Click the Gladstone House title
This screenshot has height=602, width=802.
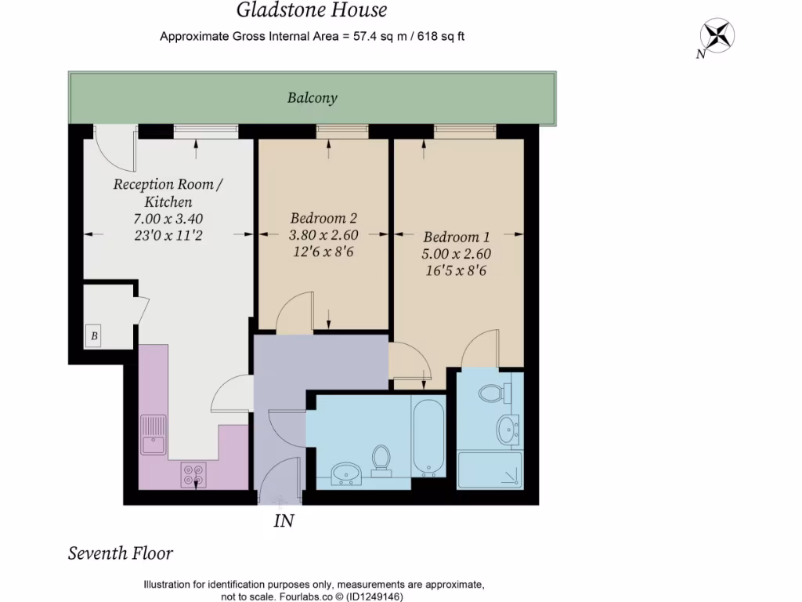coord(312,11)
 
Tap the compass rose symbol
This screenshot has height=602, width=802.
coord(717,35)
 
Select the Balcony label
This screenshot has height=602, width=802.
coord(312,98)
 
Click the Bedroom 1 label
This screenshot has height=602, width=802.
coord(457,237)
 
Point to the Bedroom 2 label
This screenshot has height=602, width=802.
coord(323,218)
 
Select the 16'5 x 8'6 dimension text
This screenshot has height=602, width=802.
coord(457,271)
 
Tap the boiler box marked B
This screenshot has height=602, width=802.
coord(94,337)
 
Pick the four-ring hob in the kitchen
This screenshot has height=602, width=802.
coord(194,473)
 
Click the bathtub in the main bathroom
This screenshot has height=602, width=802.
coord(428,437)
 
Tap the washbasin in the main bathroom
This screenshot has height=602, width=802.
coord(345,473)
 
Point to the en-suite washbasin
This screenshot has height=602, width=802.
coord(507,428)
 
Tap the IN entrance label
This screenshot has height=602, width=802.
coord(284,520)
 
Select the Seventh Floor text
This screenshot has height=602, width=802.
coord(121,553)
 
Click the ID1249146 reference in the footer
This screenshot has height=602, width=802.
coord(377,596)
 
